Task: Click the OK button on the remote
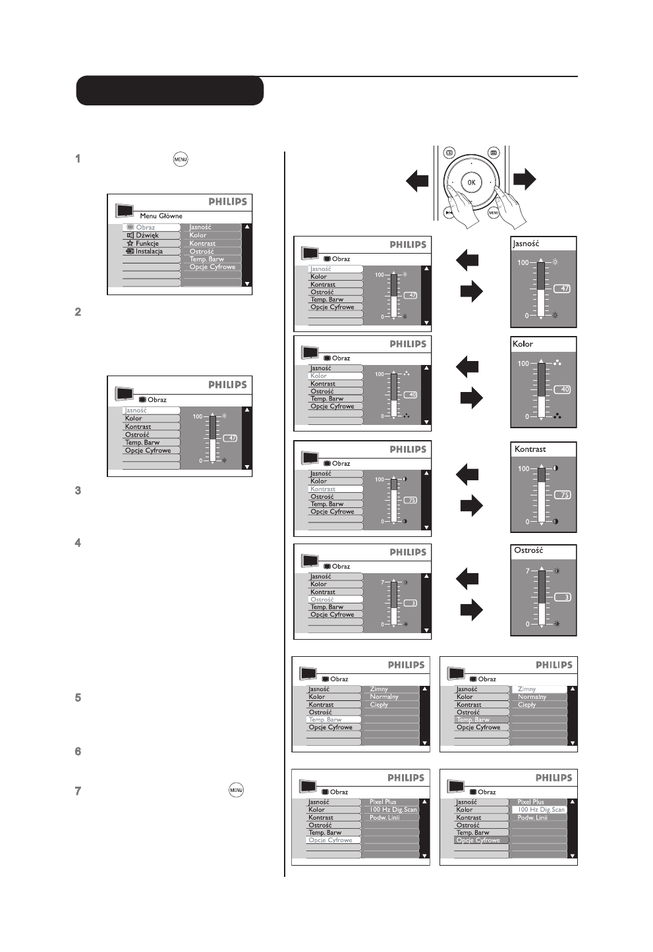[x=470, y=182]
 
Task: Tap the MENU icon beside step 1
[x=181, y=159]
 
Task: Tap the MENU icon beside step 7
[x=236, y=790]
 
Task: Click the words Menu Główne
[x=161, y=215]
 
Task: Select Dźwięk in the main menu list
[x=147, y=235]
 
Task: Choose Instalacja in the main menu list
[x=148, y=251]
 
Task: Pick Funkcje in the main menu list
[x=147, y=243]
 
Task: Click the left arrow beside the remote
[x=417, y=180]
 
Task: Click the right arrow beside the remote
[x=525, y=179]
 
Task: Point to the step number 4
[x=78, y=543]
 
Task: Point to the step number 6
[x=78, y=751]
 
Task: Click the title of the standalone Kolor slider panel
[x=523, y=344]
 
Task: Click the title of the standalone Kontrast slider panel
[x=530, y=449]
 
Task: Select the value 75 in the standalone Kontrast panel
[x=565, y=495]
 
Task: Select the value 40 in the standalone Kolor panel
[x=565, y=389]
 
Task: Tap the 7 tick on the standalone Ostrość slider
[x=527, y=571]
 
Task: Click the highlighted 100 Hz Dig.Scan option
[x=540, y=810]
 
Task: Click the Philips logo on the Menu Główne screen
[x=227, y=202]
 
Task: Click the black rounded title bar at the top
[x=170, y=91]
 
